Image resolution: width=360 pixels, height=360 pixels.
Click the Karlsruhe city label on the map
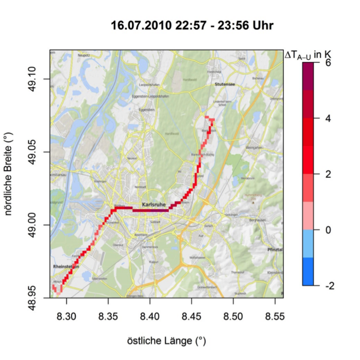click(156, 203)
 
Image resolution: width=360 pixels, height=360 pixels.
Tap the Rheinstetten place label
click(66, 267)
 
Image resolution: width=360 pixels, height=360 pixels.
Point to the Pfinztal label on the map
click(275, 249)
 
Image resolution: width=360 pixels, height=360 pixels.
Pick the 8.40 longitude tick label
click(150, 317)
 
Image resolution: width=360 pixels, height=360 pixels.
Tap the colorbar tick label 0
click(329, 230)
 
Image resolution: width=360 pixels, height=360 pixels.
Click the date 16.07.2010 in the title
click(138, 25)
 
